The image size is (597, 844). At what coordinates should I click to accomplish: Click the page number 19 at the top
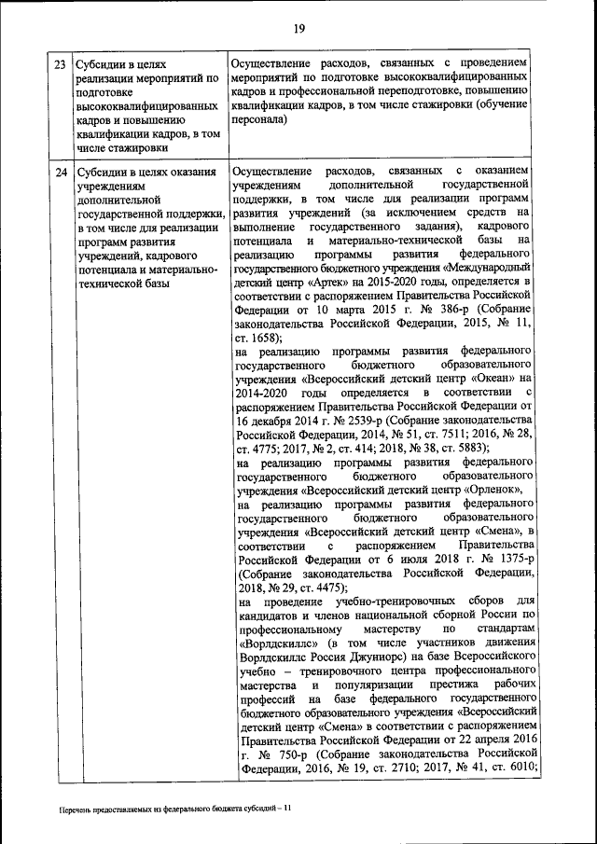click(298, 29)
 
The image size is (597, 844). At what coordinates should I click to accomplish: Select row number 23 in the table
click(60, 65)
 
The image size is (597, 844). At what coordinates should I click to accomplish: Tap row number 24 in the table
click(60, 173)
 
